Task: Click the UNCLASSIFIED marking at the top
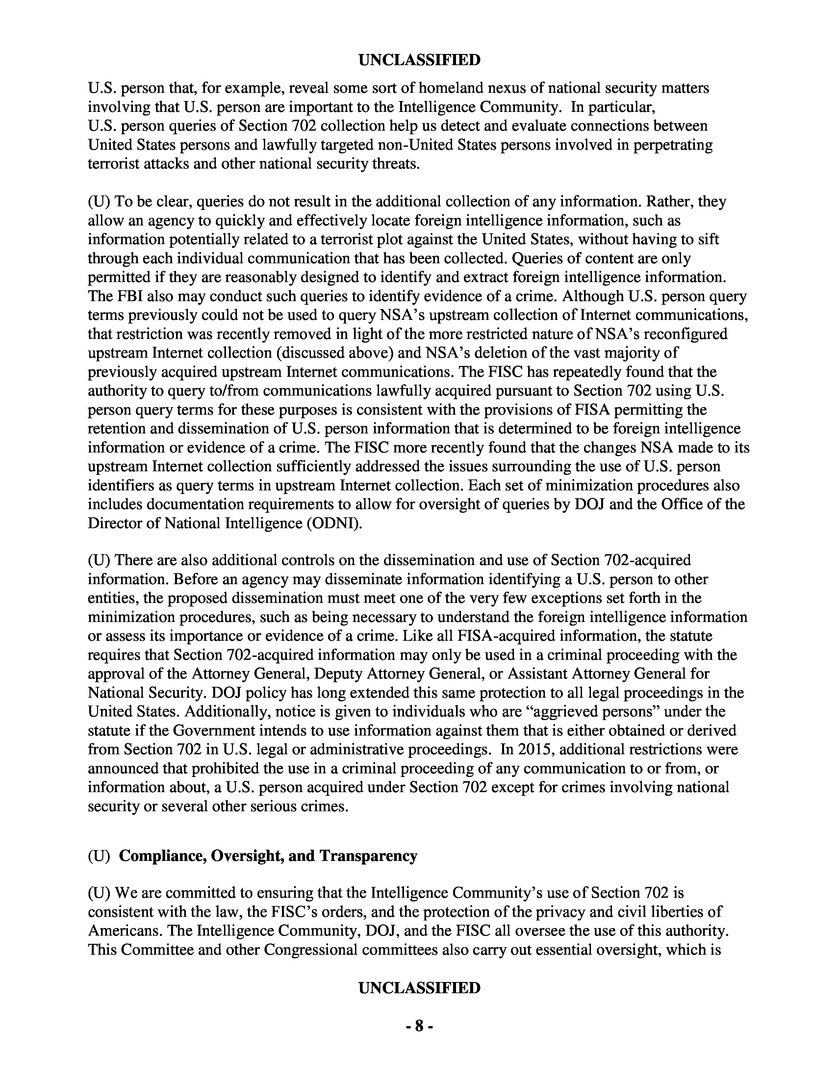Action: pyautogui.click(x=419, y=60)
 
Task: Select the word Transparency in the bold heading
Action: pyautogui.click(x=368, y=856)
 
